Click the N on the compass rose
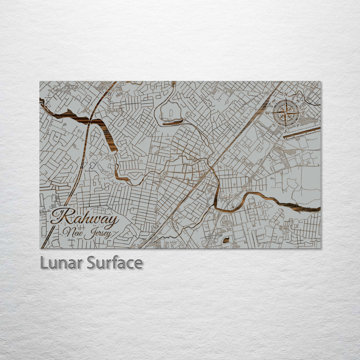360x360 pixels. [x=286, y=94]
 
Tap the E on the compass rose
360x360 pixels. [x=303, y=113]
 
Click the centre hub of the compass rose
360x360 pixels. [x=286, y=113]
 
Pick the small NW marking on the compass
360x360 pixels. [x=274, y=101]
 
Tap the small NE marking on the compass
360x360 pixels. [x=298, y=101]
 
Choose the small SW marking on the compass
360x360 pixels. [x=274, y=125]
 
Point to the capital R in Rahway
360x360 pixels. [x=61, y=217]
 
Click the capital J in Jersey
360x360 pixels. [x=88, y=234]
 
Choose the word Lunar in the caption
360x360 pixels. [x=61, y=263]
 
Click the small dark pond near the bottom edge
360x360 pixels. [x=226, y=240]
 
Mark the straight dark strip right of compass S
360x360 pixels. [x=302, y=132]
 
